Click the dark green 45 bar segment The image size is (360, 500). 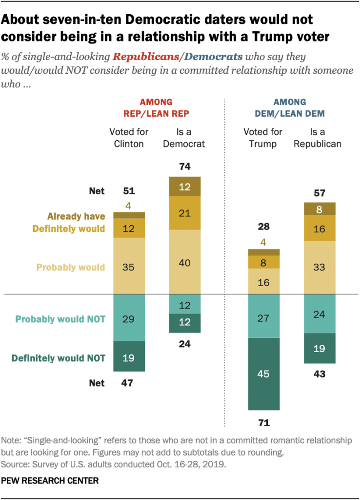[264, 374]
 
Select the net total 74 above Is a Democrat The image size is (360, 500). [185, 167]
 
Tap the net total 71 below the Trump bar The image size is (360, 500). [264, 423]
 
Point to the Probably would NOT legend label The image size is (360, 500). [60, 319]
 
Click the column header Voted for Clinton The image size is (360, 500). [129, 138]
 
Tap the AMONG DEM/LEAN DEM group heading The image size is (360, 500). [290, 108]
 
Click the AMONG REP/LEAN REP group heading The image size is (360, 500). [157, 108]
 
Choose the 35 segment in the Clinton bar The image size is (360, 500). [129, 267]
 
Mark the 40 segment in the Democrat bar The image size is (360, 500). [185, 262]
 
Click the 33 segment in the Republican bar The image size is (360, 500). [320, 268]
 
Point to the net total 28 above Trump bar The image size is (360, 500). [264, 227]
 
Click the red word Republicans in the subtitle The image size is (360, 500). [149, 57]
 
